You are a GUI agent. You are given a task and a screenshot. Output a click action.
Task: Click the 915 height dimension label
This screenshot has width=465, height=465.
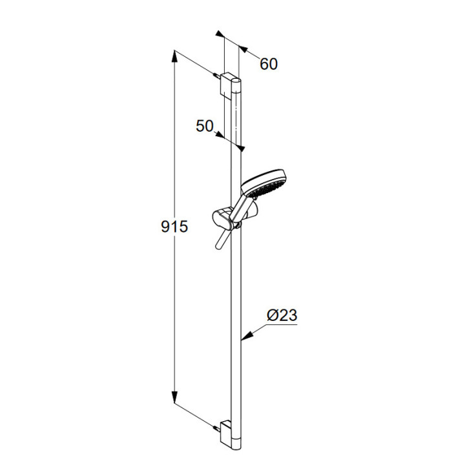[174, 227]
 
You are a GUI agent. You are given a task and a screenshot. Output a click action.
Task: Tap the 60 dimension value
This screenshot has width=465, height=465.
[269, 64]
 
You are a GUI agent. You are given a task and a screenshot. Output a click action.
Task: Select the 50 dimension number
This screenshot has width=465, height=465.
[205, 126]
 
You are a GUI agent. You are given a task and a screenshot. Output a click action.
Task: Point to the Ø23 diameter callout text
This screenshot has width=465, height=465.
[282, 315]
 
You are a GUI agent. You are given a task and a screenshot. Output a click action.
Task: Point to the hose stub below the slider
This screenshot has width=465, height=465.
[222, 239]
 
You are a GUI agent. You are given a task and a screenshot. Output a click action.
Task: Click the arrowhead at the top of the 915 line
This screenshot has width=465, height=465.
[174, 56]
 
